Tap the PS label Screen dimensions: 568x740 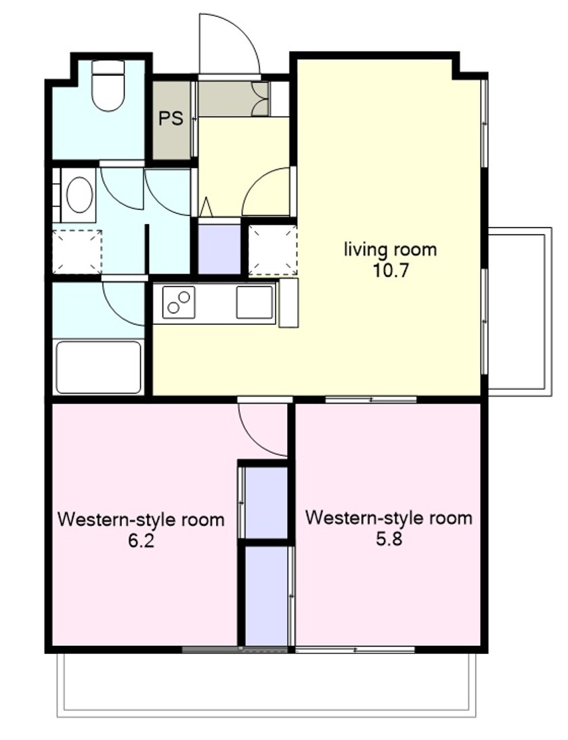[171, 118]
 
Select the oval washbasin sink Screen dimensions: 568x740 [79, 195]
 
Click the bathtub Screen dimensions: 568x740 [99, 367]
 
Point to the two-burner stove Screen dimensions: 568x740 [179, 302]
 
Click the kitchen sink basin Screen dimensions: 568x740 [255, 302]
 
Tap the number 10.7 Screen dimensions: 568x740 [390, 271]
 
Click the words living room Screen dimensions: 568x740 [390, 249]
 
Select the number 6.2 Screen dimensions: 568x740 [141, 541]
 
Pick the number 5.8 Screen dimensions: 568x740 [389, 538]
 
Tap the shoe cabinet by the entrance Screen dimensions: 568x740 [234, 99]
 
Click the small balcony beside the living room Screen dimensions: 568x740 [519, 311]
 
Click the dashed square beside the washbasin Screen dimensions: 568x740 [77, 252]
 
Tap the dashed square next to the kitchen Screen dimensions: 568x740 [273, 250]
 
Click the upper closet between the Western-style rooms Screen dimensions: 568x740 [263, 502]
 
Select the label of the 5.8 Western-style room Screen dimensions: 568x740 [389, 518]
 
